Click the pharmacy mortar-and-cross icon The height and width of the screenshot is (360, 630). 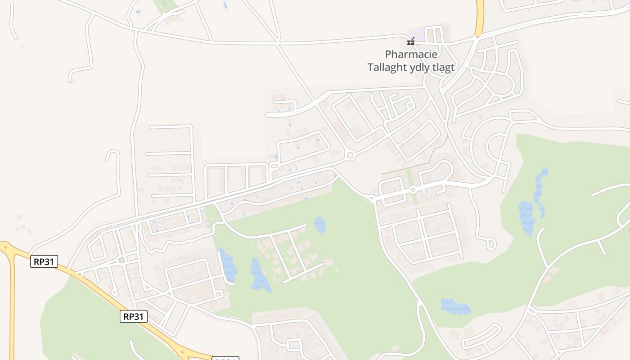pos(410,42)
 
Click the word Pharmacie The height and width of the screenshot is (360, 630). pos(411,54)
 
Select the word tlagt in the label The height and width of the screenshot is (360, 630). pos(444,67)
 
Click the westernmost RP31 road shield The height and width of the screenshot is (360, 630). pos(44,261)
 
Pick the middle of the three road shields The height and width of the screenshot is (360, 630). pos(134,316)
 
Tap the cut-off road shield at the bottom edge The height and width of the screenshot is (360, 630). pos(225,358)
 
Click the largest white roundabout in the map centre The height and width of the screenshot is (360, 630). pos(350,156)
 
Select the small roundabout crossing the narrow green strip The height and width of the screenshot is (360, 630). pos(413,189)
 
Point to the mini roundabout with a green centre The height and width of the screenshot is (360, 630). pos(121,260)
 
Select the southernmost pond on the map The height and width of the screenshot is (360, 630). pos(455,306)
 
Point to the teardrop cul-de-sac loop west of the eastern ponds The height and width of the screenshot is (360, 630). pos(490,244)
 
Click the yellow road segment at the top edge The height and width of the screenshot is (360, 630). pos(480,18)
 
